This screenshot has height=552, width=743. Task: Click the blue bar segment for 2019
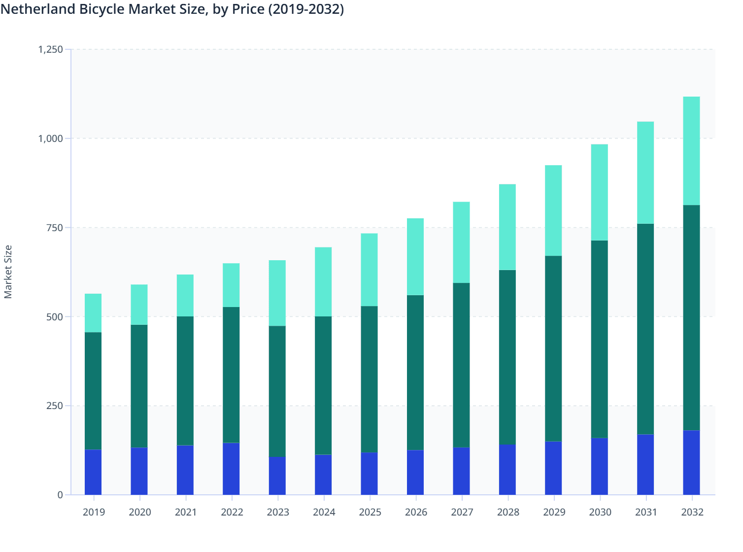tap(93, 472)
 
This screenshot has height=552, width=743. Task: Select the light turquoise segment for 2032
tap(691, 151)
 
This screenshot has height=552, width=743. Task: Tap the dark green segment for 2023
tap(277, 391)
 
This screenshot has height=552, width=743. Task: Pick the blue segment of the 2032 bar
tap(691, 462)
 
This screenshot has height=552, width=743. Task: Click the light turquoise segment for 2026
tap(415, 257)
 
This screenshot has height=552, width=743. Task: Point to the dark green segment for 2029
tap(553, 348)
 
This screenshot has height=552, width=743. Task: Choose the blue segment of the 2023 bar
tap(277, 476)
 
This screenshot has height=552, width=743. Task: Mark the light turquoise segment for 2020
tap(139, 305)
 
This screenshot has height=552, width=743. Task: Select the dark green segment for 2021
tap(185, 380)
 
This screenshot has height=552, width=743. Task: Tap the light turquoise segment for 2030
tap(599, 192)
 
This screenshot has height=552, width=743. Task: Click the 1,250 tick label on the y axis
tap(51, 49)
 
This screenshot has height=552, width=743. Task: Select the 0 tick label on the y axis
tap(60, 495)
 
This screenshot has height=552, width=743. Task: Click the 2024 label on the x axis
tap(324, 512)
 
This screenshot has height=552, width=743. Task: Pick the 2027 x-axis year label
tap(462, 512)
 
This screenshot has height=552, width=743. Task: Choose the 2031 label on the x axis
tap(646, 512)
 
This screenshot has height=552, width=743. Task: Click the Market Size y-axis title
tap(8, 272)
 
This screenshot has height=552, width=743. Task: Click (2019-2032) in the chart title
tap(305, 9)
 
